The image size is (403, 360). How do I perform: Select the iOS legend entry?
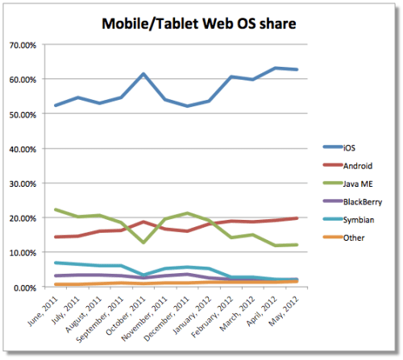pos(349,147)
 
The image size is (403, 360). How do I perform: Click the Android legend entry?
pos(357,165)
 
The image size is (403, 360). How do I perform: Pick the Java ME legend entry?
pos(358,184)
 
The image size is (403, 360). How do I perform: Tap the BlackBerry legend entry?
pos(361,202)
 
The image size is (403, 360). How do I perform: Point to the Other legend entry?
pos(354,239)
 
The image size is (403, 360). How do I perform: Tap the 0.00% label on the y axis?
pos(23,288)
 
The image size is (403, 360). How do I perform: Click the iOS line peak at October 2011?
pos(143,74)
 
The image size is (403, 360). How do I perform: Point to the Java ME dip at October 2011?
pos(143,242)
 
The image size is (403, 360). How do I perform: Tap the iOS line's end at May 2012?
pos(297,70)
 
